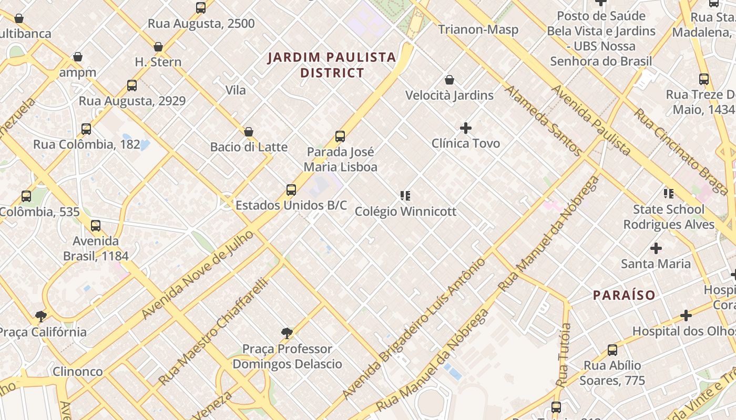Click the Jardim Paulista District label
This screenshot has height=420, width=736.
tap(332, 65)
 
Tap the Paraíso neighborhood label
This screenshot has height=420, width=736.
tap(624, 295)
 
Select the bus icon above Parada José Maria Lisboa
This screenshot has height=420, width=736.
tap(340, 136)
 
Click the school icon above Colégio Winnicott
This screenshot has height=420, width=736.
tap(405, 196)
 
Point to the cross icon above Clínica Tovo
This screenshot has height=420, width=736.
tap(465, 128)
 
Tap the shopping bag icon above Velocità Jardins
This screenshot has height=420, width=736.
tap(449, 80)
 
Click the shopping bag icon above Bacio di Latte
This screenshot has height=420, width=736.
tap(249, 131)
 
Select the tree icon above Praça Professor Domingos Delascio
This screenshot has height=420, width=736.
tap(287, 333)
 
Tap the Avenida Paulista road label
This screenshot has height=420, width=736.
tap(590, 120)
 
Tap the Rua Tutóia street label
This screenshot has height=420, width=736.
tap(564, 355)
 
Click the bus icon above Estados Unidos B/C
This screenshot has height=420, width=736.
tap(291, 190)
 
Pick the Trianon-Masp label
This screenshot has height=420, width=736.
tap(478, 29)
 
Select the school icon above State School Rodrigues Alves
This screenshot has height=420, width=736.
tap(669, 194)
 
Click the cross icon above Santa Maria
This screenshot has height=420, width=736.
tap(656, 248)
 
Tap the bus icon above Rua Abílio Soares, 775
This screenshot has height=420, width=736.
tap(612, 350)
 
